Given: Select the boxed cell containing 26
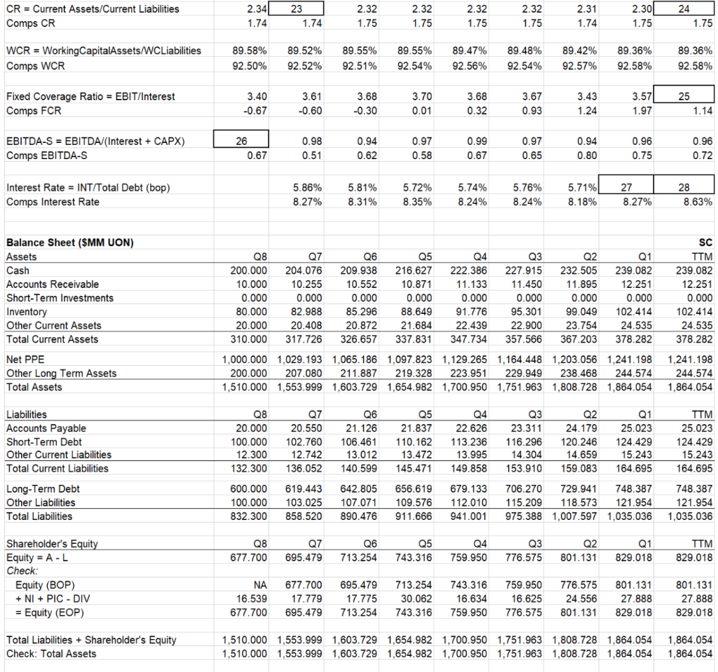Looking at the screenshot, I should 241,142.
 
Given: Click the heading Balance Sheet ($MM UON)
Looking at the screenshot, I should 70,242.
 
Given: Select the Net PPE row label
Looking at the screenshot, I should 25,359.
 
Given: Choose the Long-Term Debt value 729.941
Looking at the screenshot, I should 581,489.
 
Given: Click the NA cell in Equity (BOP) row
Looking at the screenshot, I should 259,584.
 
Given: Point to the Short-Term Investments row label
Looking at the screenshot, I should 60,298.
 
